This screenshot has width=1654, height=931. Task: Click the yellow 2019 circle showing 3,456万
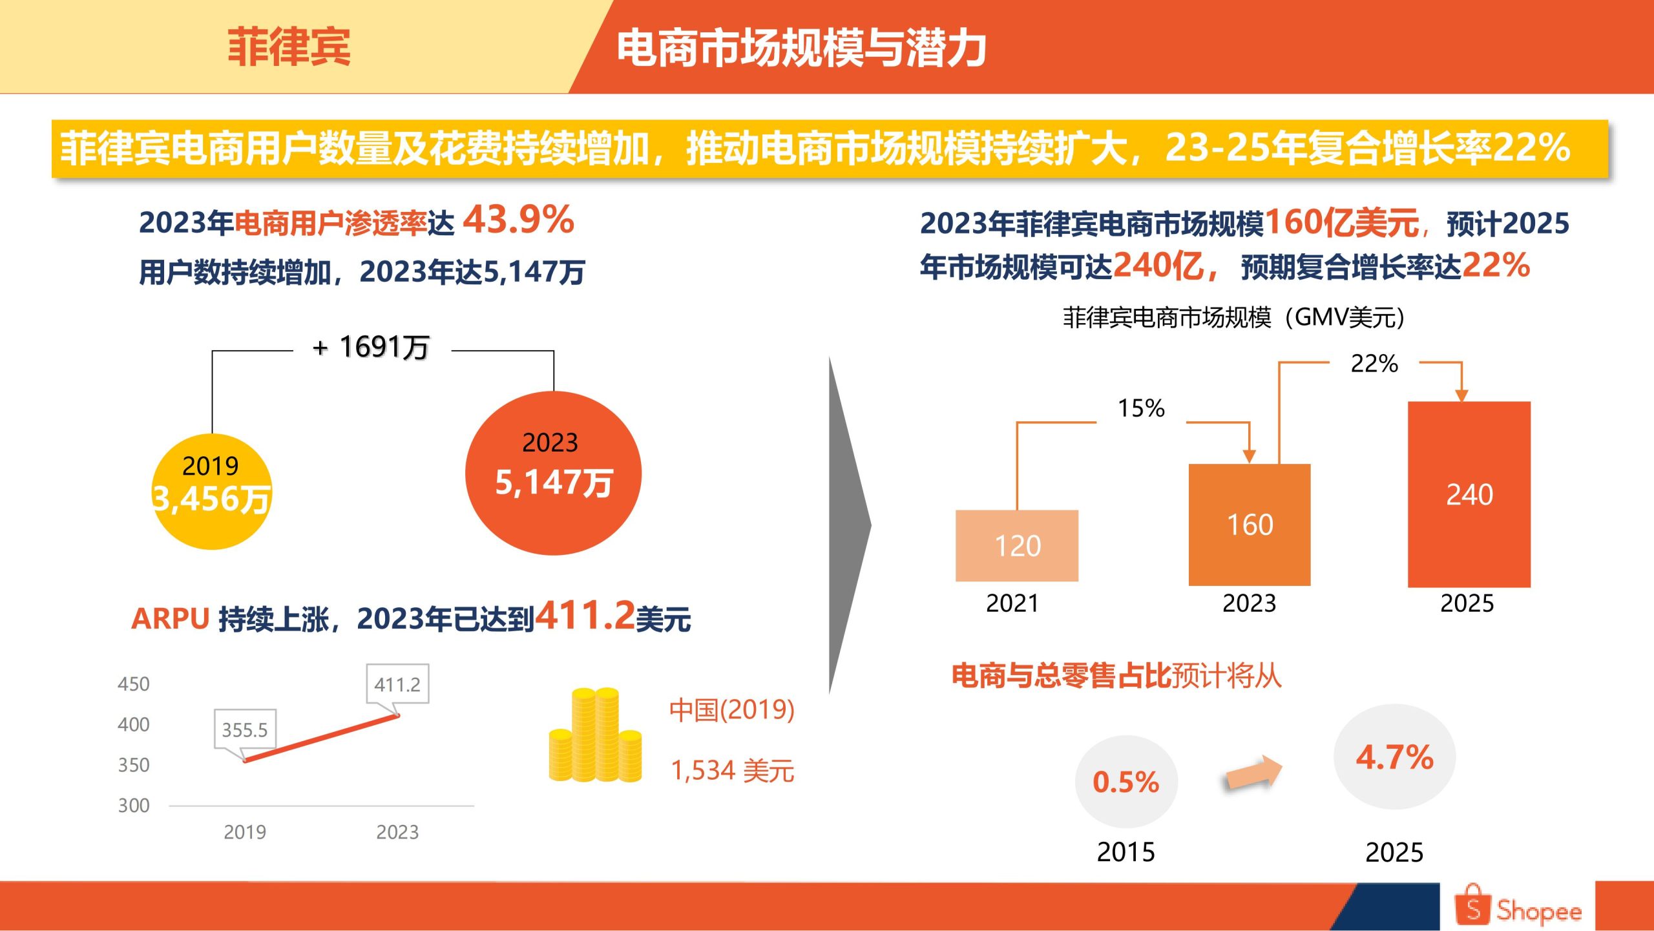click(212, 492)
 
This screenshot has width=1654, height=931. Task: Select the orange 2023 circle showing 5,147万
click(553, 473)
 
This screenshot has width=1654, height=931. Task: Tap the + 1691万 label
click(372, 348)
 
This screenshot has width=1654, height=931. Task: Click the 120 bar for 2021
click(1017, 545)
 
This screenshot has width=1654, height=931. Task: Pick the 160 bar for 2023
click(1250, 525)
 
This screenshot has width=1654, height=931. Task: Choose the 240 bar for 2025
click(1469, 494)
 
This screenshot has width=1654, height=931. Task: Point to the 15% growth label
click(1141, 408)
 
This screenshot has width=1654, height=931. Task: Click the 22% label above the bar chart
click(1374, 364)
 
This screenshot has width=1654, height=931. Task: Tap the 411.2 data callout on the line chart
click(397, 684)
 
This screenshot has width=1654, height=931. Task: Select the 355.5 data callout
click(245, 730)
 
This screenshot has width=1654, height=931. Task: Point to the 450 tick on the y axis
click(134, 684)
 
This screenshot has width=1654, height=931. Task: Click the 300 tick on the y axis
click(134, 806)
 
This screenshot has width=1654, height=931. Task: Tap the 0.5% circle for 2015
click(1126, 782)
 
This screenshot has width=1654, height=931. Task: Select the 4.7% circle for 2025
click(1395, 757)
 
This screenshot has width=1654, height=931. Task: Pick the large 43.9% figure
click(519, 220)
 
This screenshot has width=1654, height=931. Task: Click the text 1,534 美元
click(732, 771)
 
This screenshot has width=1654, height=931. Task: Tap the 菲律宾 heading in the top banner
click(289, 47)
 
